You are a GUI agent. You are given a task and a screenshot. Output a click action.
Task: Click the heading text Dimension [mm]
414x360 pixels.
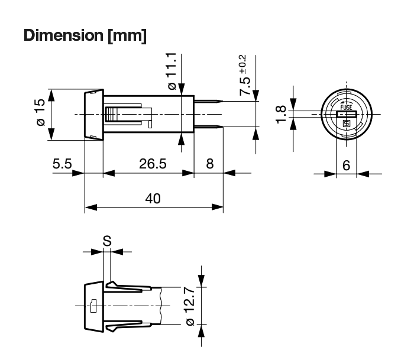pos(85,35)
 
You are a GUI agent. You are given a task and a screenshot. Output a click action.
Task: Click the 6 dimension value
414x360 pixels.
pos(347,166)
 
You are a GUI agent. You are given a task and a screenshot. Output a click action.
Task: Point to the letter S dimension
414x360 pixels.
pos(107,241)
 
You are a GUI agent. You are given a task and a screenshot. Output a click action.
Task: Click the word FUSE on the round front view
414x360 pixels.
pos(346,107)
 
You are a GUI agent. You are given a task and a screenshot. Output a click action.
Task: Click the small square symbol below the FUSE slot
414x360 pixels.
pos(347,124)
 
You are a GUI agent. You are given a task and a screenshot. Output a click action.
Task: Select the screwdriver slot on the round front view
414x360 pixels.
pos(347,115)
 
